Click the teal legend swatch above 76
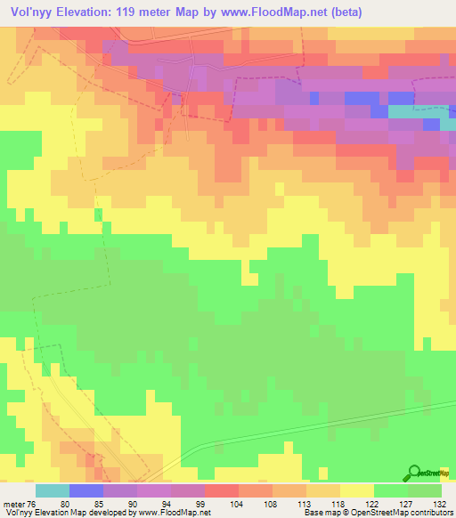(53, 490)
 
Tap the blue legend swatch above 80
(86, 490)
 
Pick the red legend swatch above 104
(222, 490)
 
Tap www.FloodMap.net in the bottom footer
(174, 513)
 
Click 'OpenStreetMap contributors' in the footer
(404, 513)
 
